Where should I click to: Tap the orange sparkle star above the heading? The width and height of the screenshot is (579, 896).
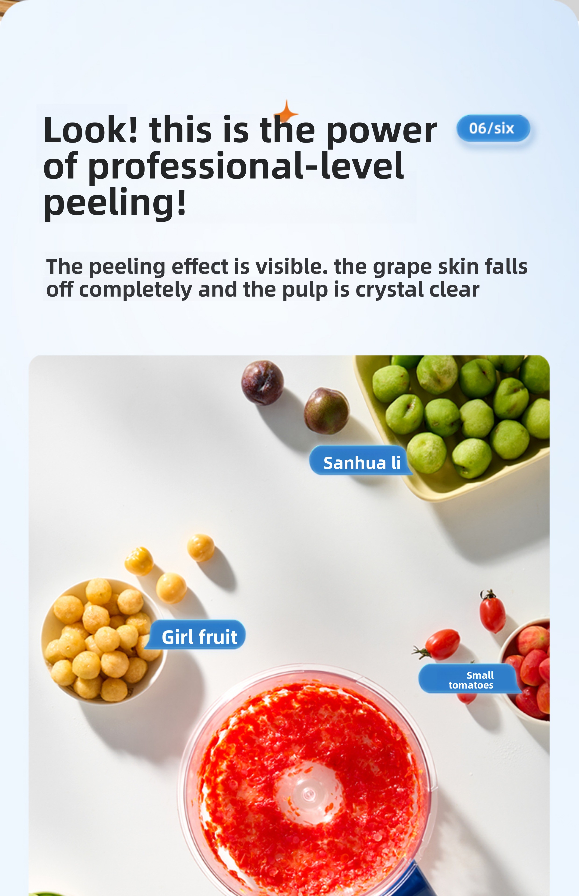point(286,112)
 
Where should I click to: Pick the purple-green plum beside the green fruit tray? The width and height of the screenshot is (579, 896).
point(326,411)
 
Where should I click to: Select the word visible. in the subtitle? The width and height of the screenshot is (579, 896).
point(291,266)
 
